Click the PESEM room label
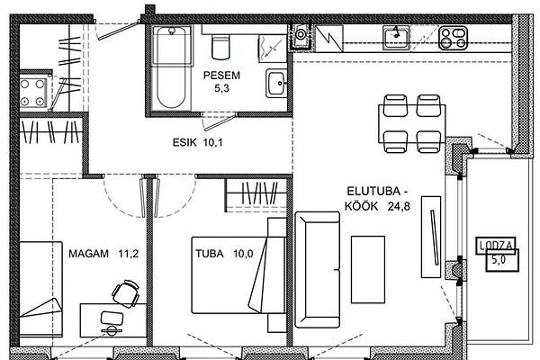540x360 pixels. (221, 75)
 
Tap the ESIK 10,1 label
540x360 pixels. (198, 142)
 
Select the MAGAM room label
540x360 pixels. (88, 254)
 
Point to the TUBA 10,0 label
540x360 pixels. (224, 254)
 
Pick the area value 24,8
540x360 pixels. (399, 206)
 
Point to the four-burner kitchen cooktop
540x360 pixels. (454, 38)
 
